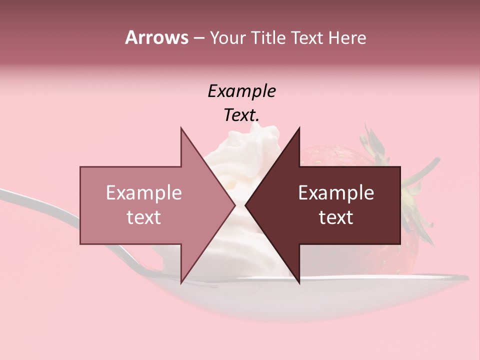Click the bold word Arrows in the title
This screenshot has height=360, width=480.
(x=157, y=37)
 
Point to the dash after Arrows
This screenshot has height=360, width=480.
(x=198, y=38)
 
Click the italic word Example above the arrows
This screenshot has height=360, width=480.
(x=241, y=91)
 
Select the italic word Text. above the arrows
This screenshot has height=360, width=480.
(x=241, y=115)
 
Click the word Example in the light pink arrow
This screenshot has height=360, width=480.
(x=144, y=192)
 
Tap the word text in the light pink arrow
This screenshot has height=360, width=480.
(x=144, y=217)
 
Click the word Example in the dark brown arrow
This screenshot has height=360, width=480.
(x=336, y=192)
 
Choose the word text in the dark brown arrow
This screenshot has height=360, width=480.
(x=336, y=217)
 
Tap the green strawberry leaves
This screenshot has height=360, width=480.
(x=375, y=142)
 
